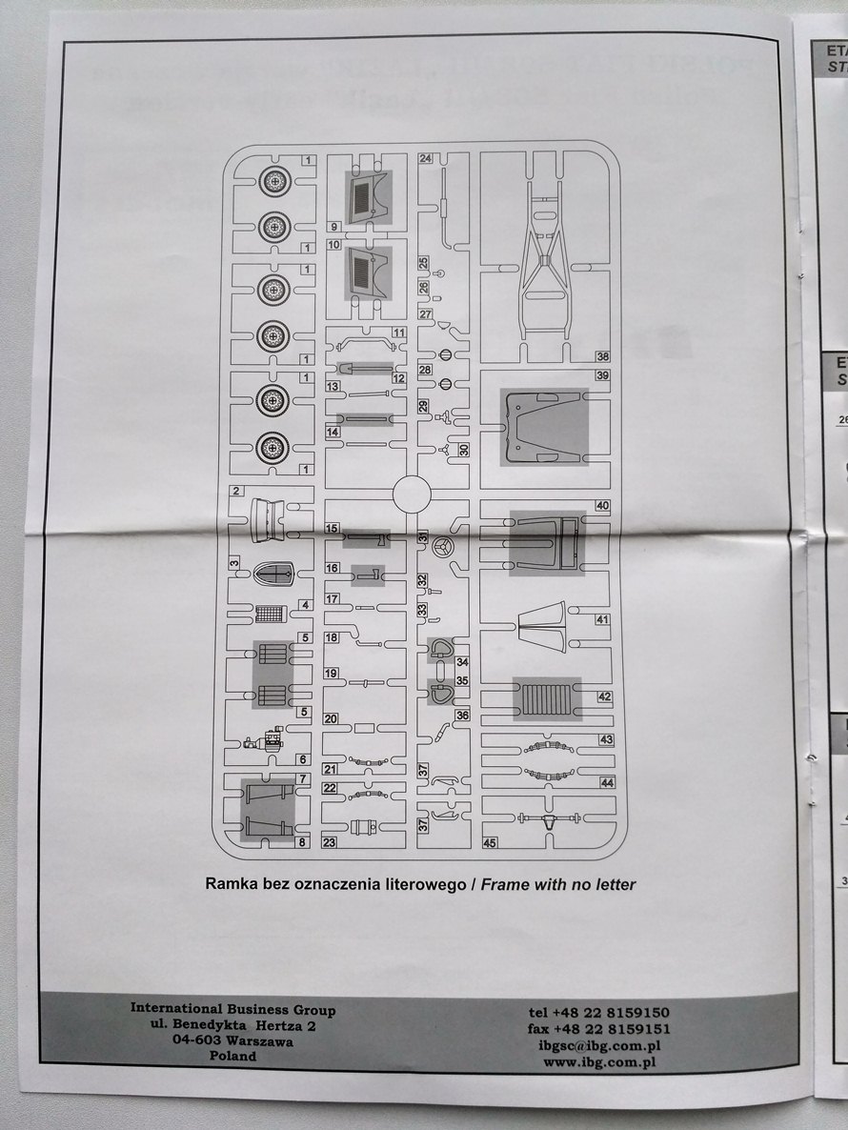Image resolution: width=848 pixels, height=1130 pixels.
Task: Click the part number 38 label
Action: [x=602, y=356]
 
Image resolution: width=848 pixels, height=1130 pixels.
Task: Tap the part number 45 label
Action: [x=491, y=842]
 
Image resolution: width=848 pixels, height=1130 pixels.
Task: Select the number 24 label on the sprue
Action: [x=426, y=158]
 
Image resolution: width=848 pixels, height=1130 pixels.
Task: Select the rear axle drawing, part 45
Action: [x=549, y=818]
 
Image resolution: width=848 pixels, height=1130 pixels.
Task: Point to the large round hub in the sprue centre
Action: [x=414, y=495]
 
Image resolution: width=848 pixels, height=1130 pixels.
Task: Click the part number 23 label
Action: [x=331, y=841]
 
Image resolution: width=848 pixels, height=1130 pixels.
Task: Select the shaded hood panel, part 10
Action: [x=369, y=271]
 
